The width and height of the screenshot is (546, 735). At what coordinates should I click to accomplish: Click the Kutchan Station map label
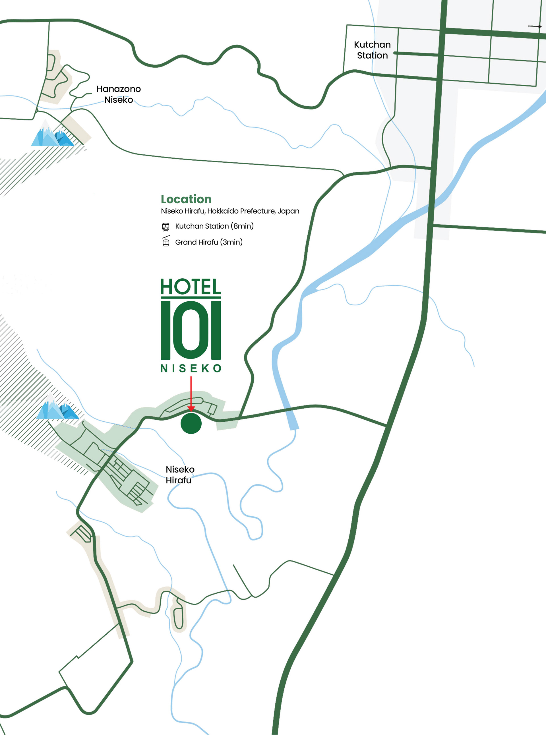[x=372, y=50]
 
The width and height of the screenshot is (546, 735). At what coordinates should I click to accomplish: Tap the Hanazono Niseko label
[x=118, y=94]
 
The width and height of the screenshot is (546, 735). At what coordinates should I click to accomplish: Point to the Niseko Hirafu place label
[x=179, y=475]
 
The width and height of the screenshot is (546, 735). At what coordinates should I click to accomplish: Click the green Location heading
[x=186, y=199]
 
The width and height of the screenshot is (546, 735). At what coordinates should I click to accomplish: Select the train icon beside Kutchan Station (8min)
[x=166, y=227]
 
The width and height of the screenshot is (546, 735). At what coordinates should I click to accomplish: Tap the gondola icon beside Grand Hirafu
[x=166, y=241]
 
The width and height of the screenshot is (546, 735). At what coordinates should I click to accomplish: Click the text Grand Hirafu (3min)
[x=208, y=242]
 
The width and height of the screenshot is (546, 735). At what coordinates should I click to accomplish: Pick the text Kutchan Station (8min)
[x=214, y=226]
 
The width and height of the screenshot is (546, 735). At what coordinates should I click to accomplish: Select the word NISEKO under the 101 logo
[x=191, y=368]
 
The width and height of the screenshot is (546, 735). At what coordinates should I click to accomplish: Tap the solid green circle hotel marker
[x=191, y=423]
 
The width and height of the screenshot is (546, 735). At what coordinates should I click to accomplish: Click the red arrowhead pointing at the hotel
[x=191, y=409]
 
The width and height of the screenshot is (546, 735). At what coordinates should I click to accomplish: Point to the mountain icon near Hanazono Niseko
[x=52, y=134]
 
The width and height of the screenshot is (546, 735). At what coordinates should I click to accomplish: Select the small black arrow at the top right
[x=534, y=26]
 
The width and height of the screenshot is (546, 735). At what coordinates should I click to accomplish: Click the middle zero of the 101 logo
[x=191, y=330]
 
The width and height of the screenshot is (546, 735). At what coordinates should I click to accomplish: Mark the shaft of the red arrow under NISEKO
[x=191, y=392]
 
